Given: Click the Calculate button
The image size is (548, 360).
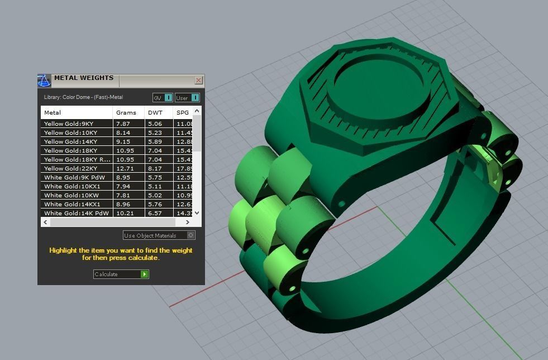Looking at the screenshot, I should (x=121, y=274).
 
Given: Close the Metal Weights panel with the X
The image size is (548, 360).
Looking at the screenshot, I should (x=198, y=80).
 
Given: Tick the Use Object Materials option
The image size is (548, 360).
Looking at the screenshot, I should (x=191, y=235).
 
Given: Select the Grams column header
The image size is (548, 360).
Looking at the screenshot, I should (x=126, y=112).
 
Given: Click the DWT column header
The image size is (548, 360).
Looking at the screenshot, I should (x=155, y=112).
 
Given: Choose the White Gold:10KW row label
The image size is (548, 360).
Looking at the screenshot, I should (x=70, y=195).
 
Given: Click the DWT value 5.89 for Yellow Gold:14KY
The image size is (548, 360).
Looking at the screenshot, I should (x=154, y=141).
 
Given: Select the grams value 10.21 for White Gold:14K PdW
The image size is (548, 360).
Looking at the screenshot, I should (x=124, y=213).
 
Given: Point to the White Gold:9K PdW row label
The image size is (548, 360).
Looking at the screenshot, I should (x=74, y=177).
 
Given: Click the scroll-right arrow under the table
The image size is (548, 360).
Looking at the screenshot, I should (x=188, y=222).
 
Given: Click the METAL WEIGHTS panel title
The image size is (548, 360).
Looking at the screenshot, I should (x=84, y=78).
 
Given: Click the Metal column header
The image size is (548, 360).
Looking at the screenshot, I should (x=53, y=112).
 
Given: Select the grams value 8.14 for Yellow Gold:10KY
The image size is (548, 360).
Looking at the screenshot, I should (x=123, y=132).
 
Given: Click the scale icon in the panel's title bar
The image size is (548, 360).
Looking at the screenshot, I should (x=44, y=80).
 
